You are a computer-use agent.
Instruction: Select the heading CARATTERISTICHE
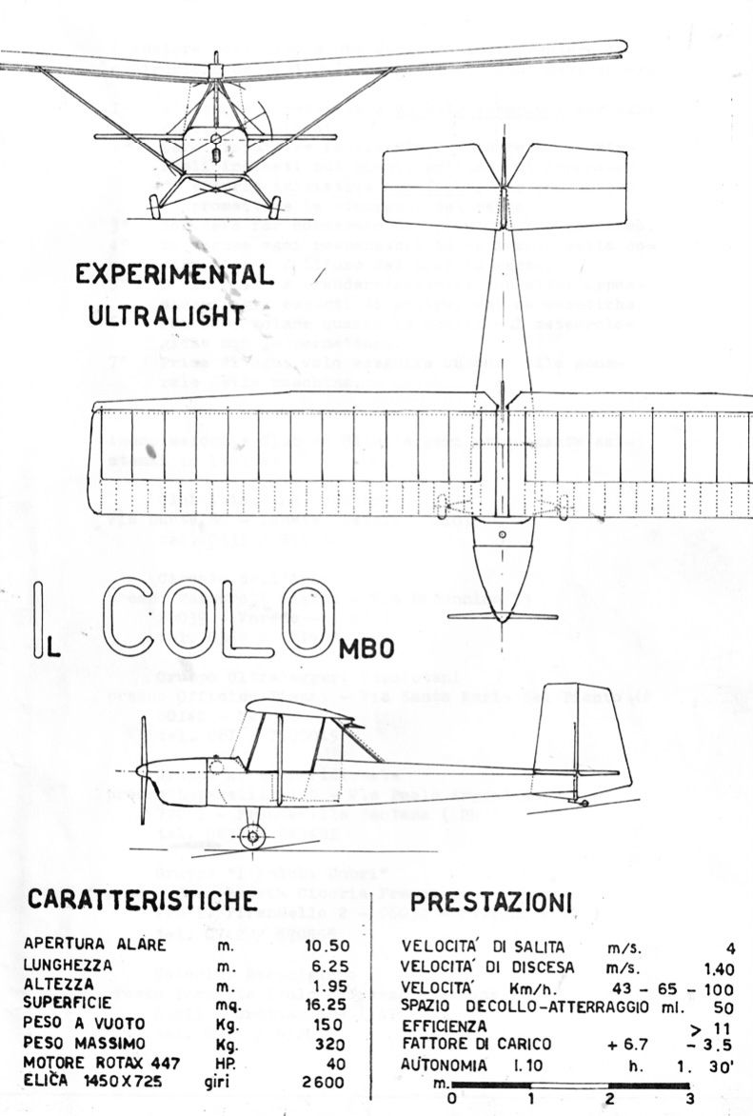[143, 901]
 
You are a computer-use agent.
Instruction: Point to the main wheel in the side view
[251, 836]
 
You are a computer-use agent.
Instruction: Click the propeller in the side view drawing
[143, 768]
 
